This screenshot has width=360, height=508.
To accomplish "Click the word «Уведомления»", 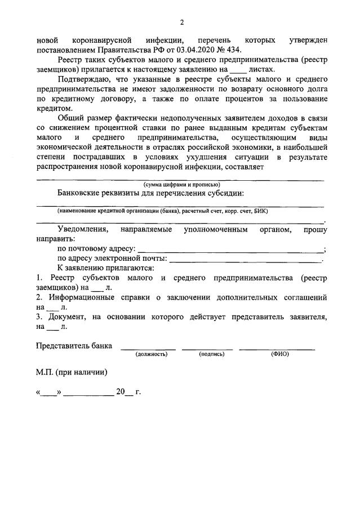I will click(82, 230).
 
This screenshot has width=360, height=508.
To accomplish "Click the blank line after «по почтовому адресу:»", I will click(230, 249).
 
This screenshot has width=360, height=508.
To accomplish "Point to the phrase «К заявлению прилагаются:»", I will click(106, 268).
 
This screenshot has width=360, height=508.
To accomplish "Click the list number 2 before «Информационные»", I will click(38, 297).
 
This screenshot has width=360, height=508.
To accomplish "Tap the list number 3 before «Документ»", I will click(38, 317).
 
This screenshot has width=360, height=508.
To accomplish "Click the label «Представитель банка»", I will click(73, 345).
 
